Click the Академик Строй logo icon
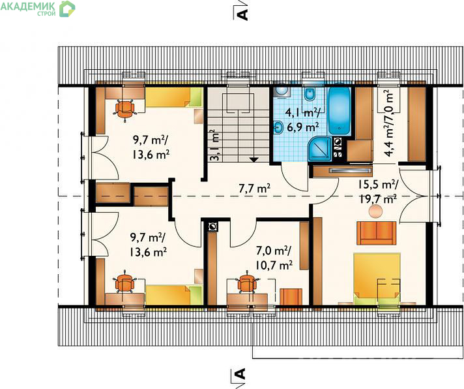(x=67, y=9)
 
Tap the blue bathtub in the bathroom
(x=339, y=110)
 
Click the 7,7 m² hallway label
(x=255, y=189)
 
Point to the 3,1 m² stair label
(x=216, y=145)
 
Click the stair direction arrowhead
(x=254, y=159)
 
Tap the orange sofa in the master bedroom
(x=377, y=233)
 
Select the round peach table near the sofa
(x=376, y=212)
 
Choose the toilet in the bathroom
(x=310, y=93)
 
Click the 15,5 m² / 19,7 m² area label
(x=377, y=192)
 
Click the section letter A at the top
(x=242, y=14)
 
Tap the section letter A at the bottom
(x=241, y=374)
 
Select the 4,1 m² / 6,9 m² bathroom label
(x=303, y=120)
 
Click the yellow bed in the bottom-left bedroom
(x=174, y=295)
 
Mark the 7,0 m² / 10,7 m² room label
(x=274, y=258)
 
